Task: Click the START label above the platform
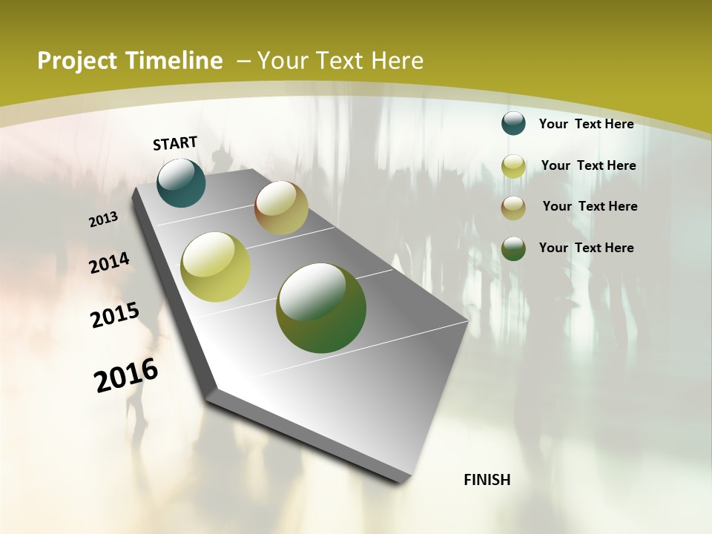click(x=175, y=143)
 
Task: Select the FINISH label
click(x=487, y=480)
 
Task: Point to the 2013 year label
click(x=104, y=220)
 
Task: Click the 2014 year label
click(x=110, y=263)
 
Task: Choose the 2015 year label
click(x=115, y=314)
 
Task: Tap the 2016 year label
click(x=126, y=375)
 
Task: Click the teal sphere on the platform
click(x=182, y=182)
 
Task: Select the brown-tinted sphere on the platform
click(x=281, y=208)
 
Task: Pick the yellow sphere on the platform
click(x=216, y=267)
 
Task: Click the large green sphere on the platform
click(x=321, y=308)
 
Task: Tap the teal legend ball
click(x=513, y=123)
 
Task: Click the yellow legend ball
click(x=513, y=166)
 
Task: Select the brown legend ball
click(x=513, y=208)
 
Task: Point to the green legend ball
click(x=513, y=248)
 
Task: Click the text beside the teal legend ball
click(x=586, y=124)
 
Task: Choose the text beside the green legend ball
click(x=586, y=248)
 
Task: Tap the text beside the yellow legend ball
click(x=588, y=165)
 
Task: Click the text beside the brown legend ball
click(x=590, y=206)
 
